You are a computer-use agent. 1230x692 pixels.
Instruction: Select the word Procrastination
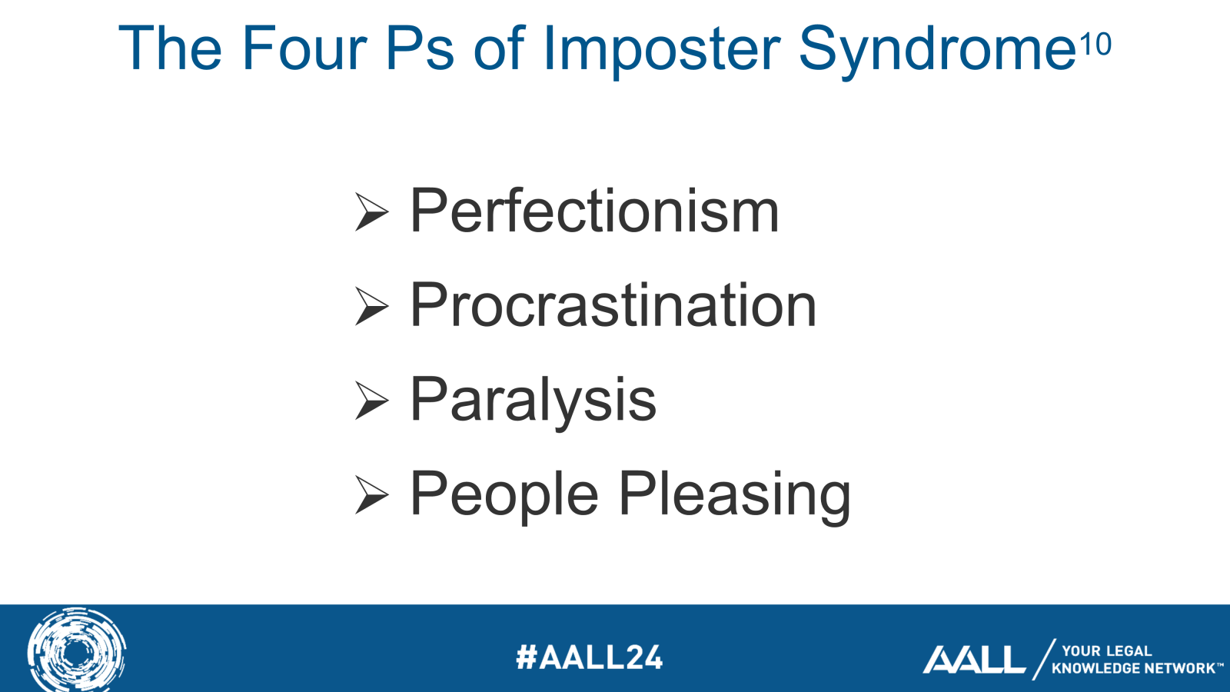click(613, 305)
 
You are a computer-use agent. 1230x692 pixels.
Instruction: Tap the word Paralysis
click(533, 400)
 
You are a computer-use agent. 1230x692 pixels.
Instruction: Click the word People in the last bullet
click(504, 494)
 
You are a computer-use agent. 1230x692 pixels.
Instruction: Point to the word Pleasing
click(734, 494)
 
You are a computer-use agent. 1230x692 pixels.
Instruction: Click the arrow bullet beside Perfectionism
click(371, 212)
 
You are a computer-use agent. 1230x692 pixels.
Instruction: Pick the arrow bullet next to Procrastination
click(371, 306)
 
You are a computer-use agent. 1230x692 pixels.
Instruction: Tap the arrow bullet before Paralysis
click(371, 401)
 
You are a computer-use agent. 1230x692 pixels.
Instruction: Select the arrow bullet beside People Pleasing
click(371, 495)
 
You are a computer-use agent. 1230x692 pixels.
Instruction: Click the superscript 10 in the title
click(1095, 45)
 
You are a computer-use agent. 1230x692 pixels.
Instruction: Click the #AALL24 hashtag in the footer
click(589, 657)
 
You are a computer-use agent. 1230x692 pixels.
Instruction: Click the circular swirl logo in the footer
click(76, 650)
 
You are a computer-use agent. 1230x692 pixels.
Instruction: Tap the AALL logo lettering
click(974, 660)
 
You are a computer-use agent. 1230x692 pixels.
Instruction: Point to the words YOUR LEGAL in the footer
click(1106, 650)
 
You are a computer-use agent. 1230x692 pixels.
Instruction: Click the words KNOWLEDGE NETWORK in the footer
click(1134, 668)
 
